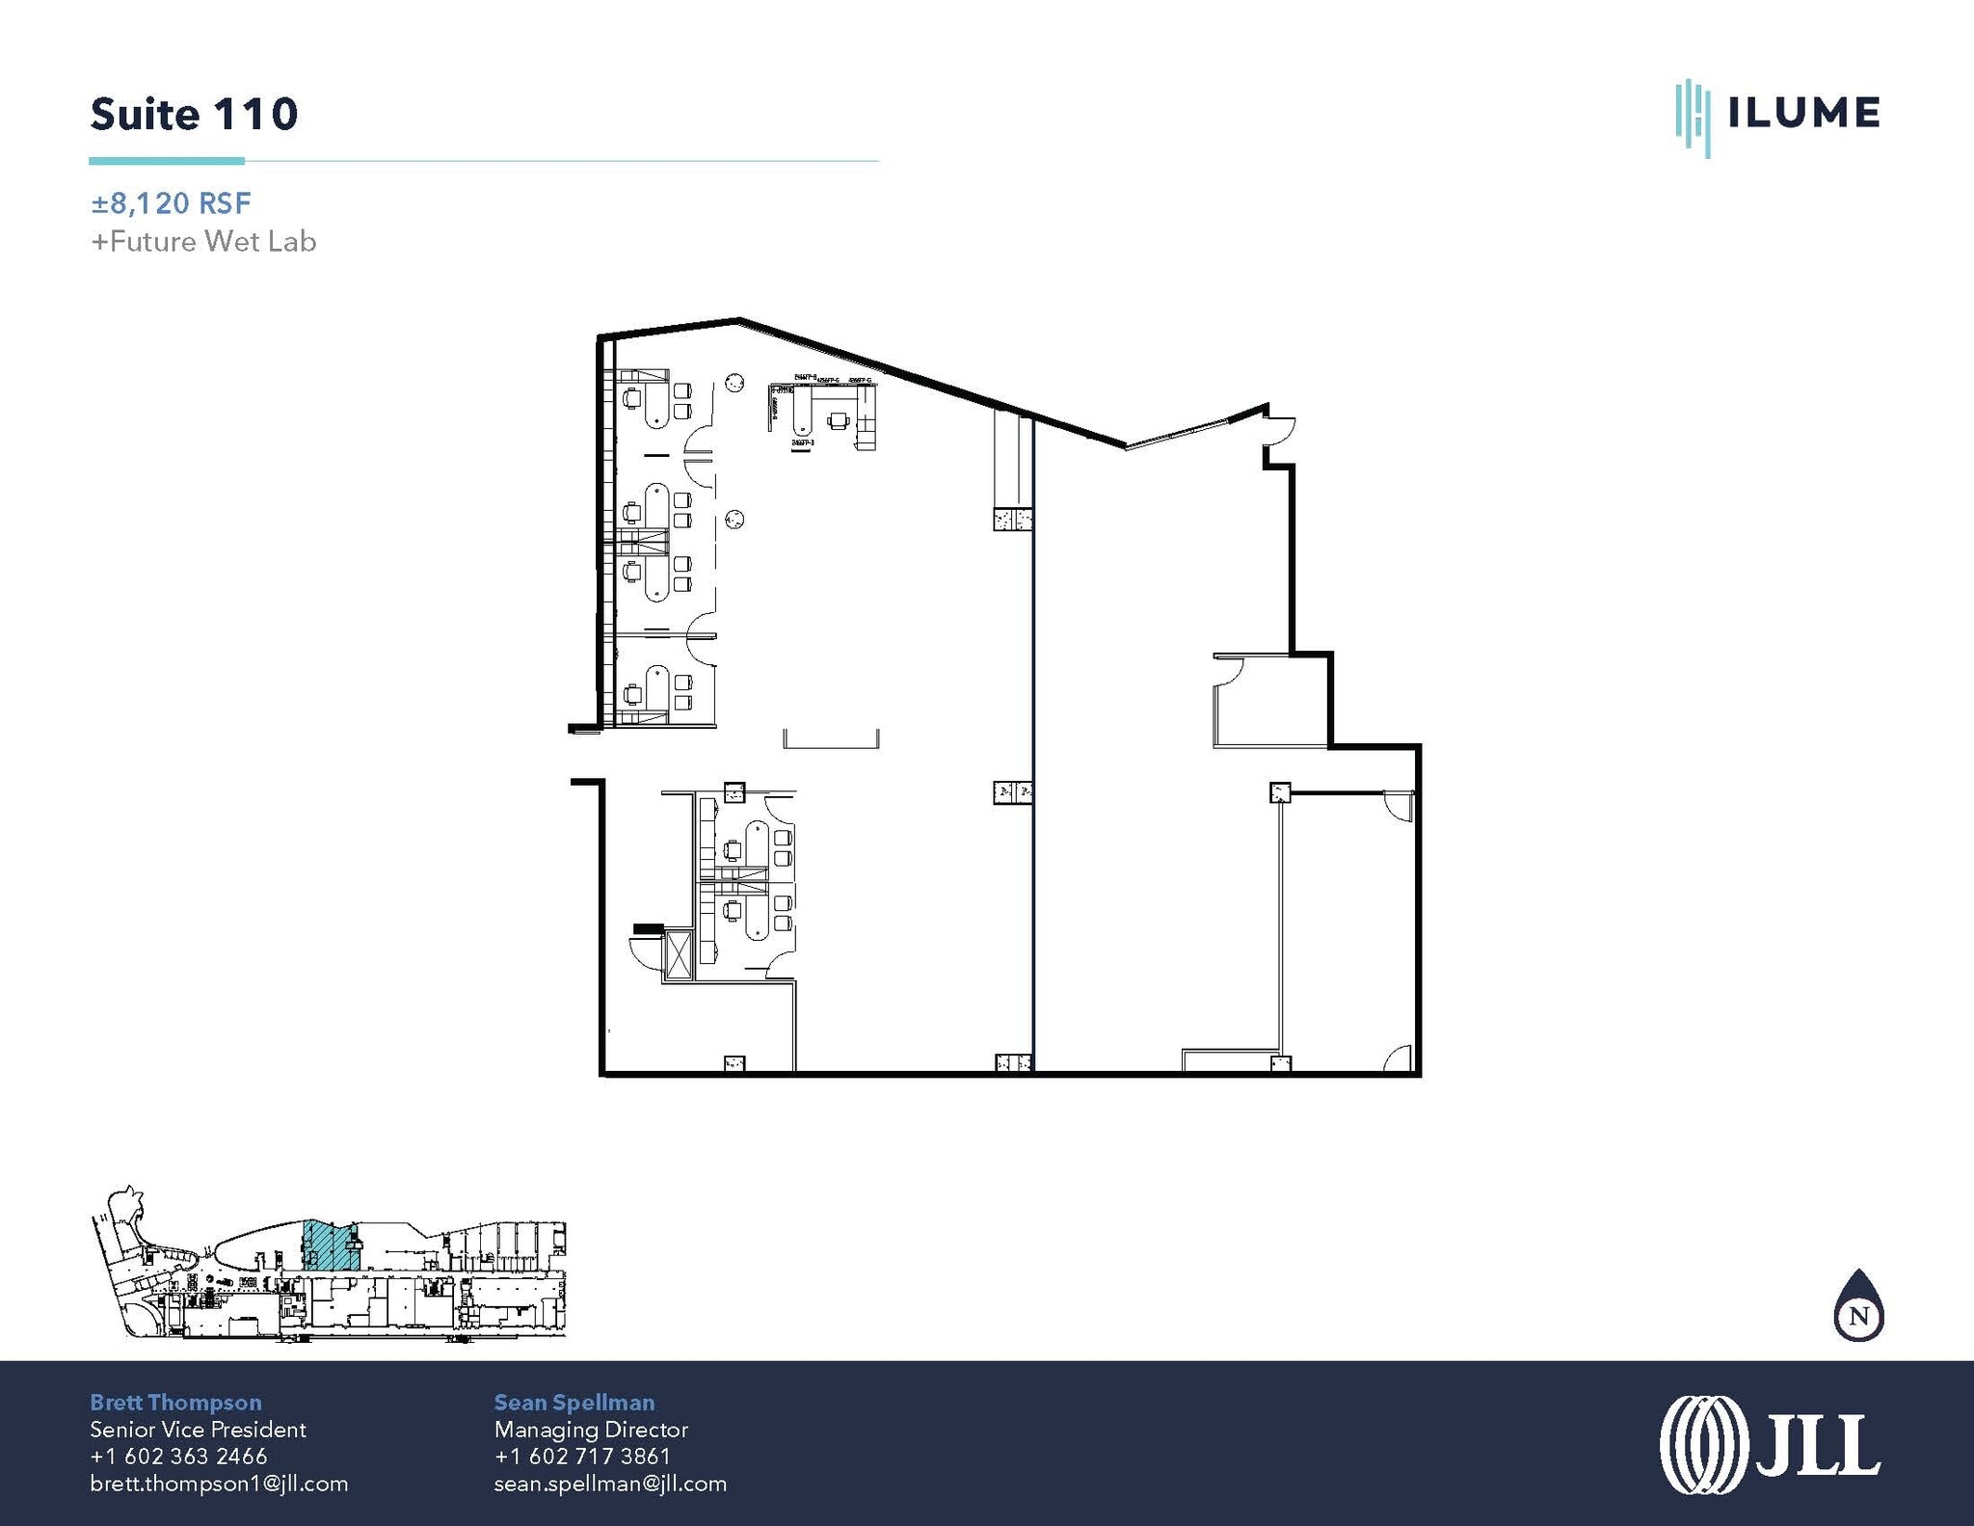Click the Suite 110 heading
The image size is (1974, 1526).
click(194, 114)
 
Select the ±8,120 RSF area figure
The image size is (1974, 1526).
click(171, 203)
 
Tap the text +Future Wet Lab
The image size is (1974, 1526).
click(203, 241)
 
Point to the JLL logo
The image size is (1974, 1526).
click(1770, 1444)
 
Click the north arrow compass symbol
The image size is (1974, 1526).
click(1858, 1308)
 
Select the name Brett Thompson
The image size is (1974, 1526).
click(175, 1403)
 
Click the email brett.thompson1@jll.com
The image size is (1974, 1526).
click(219, 1484)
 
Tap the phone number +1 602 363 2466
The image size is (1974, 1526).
click(178, 1457)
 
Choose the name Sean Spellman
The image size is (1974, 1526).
click(574, 1403)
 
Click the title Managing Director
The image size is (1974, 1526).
click(591, 1430)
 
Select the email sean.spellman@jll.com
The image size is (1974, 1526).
click(610, 1484)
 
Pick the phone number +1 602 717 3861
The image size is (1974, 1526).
click(582, 1457)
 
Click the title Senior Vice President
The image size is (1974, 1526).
click(198, 1430)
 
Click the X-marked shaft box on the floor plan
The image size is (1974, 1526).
click(678, 955)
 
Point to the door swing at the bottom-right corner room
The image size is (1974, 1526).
click(1399, 1058)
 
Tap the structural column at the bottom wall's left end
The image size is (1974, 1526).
click(734, 1063)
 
